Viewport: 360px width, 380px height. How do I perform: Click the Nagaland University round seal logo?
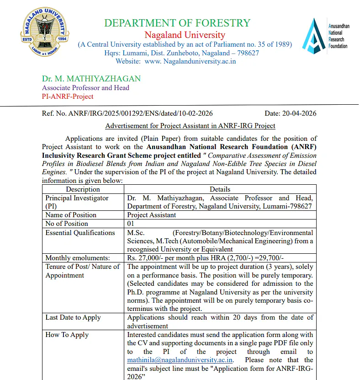coord(45,36)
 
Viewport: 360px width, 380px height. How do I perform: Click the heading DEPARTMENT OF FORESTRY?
coord(177,23)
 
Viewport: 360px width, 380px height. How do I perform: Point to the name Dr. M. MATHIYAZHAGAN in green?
coord(91,79)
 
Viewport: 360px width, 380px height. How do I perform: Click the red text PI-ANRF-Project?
coord(68,96)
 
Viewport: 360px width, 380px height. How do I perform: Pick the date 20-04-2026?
coord(300,114)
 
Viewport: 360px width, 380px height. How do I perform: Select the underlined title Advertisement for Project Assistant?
coord(190,126)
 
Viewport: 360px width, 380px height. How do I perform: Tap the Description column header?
coord(83,189)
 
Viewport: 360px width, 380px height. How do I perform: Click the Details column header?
coord(220,189)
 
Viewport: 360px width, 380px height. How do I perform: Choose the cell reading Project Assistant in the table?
coord(151,215)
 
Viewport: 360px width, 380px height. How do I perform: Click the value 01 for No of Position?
coord(132,224)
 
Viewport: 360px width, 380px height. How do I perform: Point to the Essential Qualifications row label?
coord(80,233)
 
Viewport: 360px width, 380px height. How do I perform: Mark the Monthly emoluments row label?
coord(78,258)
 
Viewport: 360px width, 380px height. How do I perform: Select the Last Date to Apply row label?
coord(73,317)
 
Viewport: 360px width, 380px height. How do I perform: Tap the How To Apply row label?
coord(67,335)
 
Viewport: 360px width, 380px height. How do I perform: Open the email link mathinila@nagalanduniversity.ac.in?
coord(180,360)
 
